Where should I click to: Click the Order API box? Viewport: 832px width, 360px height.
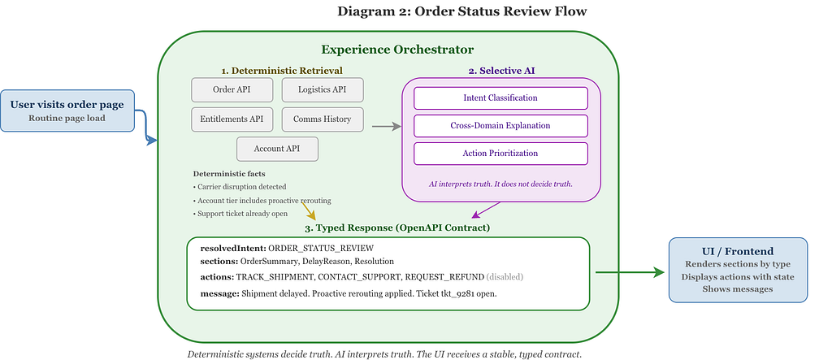click(232, 89)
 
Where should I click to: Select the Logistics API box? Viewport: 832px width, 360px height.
click(323, 89)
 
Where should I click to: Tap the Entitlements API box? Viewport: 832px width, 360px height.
click(232, 119)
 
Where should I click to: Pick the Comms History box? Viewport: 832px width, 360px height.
click(323, 119)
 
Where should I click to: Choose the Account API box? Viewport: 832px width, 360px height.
click(278, 150)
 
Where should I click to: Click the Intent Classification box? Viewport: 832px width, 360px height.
click(500, 98)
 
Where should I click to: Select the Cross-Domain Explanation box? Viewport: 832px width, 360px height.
click(500, 126)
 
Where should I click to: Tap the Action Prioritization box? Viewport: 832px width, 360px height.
click(500, 154)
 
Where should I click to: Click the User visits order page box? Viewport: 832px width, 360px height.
click(67, 111)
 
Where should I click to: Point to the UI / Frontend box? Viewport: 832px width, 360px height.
click(738, 271)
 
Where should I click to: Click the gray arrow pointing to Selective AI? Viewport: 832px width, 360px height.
click(386, 127)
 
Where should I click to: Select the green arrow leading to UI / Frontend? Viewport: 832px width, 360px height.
click(630, 272)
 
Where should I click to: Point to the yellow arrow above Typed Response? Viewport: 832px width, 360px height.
click(308, 210)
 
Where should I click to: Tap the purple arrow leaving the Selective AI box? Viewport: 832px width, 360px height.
click(486, 210)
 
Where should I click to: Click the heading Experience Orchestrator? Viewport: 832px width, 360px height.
click(396, 50)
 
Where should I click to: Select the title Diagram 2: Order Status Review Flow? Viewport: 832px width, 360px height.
click(462, 11)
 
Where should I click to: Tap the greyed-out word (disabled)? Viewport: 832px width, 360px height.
click(505, 276)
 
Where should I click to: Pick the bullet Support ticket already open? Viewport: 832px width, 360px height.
click(242, 214)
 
